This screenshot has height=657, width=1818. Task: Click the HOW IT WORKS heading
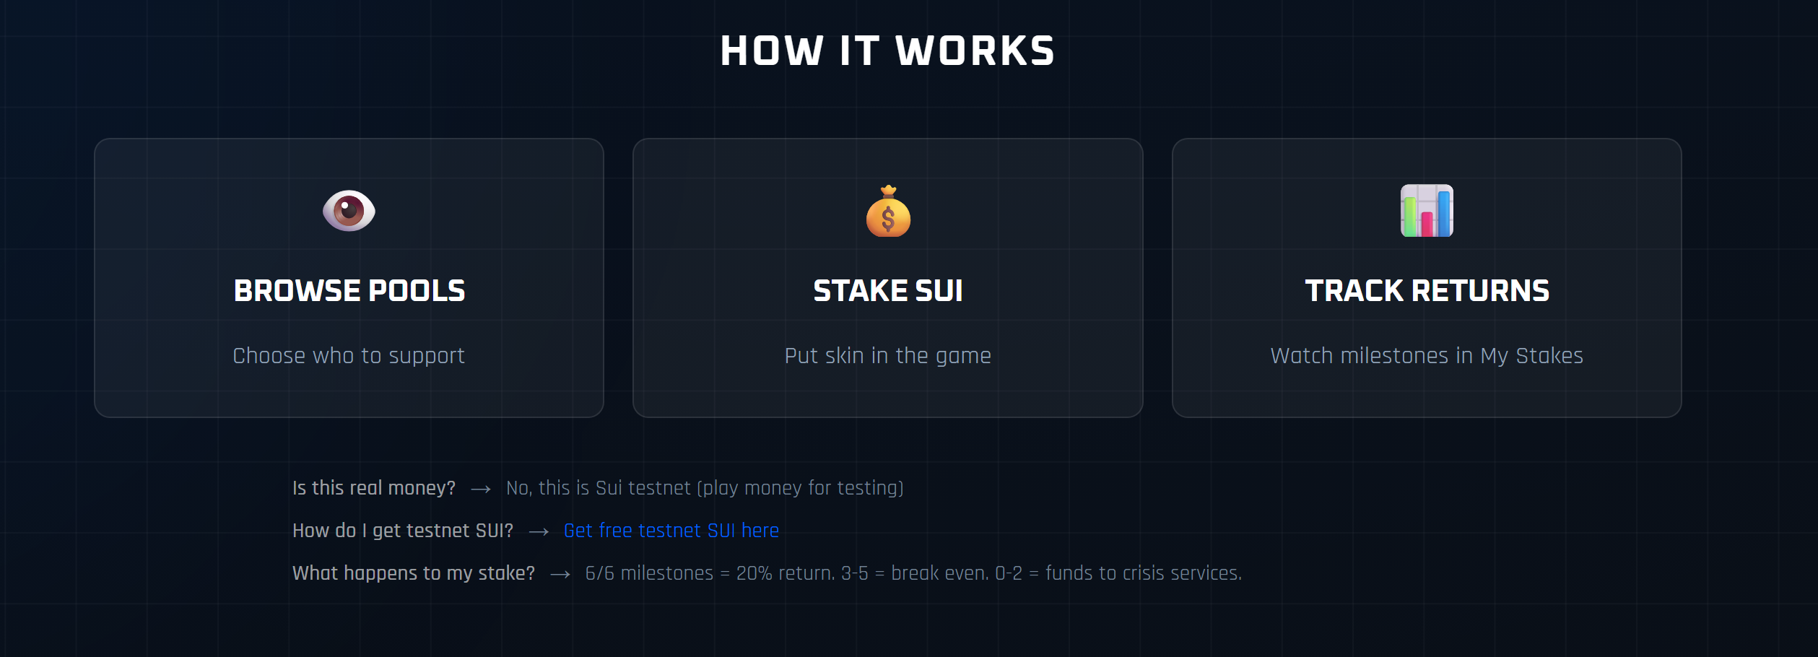tap(887, 51)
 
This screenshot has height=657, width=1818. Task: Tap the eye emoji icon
tap(349, 211)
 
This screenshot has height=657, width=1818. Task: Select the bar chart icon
tap(1427, 211)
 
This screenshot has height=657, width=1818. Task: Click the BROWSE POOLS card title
tap(349, 291)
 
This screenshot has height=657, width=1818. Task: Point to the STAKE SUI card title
tap(887, 291)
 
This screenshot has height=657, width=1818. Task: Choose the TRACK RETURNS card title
tap(1427, 291)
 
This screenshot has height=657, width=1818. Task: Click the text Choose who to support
tap(349, 355)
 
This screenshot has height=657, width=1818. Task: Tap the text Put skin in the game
tap(887, 355)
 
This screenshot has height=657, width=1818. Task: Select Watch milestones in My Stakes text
tap(1427, 355)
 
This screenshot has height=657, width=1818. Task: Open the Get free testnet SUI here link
tap(671, 531)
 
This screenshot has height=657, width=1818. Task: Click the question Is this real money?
tap(374, 488)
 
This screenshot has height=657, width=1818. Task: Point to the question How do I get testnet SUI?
tap(403, 531)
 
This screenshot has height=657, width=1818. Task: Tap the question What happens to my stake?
tap(414, 573)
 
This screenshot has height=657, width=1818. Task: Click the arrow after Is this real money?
tap(481, 490)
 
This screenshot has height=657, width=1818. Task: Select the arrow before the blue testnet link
tap(539, 532)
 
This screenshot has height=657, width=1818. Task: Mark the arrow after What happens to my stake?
tap(560, 575)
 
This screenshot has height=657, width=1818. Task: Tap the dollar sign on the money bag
tap(888, 219)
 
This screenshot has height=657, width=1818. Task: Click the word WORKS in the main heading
tap(975, 51)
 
